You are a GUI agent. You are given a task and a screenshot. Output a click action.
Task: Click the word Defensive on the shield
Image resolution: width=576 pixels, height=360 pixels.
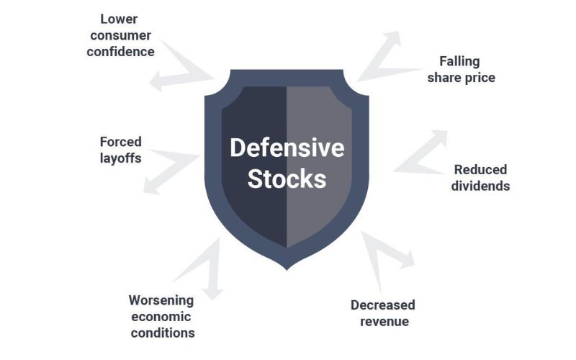(x=287, y=148)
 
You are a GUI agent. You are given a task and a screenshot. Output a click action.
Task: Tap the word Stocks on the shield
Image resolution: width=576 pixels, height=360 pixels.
(x=287, y=179)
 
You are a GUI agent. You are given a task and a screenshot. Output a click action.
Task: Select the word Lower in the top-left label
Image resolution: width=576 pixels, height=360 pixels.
(x=119, y=19)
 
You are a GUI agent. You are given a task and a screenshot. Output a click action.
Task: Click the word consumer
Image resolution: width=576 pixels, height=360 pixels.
(x=120, y=35)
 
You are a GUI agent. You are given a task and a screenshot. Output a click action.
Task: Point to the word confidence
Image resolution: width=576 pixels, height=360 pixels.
(x=120, y=52)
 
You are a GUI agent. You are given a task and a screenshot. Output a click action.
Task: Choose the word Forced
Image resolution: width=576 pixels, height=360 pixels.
(x=120, y=142)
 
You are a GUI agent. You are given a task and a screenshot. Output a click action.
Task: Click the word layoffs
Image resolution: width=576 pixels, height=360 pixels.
(x=120, y=158)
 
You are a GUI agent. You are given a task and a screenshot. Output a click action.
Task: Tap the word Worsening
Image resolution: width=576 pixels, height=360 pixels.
(x=161, y=300)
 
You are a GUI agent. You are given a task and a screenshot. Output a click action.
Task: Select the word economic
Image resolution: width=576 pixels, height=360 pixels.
(x=161, y=317)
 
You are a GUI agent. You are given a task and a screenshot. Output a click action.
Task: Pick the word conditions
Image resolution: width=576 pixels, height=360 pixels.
(x=163, y=333)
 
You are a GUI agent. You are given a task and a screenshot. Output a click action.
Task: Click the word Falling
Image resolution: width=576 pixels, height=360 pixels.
(x=459, y=61)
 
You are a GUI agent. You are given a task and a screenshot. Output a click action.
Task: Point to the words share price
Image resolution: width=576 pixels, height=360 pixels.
(x=462, y=78)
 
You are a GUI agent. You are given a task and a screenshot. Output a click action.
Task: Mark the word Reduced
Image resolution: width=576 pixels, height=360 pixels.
(x=480, y=170)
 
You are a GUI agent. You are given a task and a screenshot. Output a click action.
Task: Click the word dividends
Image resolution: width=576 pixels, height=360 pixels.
(x=480, y=186)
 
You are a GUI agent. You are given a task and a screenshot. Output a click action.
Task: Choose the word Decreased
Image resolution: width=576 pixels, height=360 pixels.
(x=383, y=305)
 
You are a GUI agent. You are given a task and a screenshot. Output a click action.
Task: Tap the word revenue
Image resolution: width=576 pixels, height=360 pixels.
(x=384, y=321)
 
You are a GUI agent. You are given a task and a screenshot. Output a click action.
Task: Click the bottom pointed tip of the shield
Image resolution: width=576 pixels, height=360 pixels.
(x=287, y=270)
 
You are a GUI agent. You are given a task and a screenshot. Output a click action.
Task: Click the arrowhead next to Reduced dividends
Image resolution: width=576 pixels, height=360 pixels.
(x=440, y=138)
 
